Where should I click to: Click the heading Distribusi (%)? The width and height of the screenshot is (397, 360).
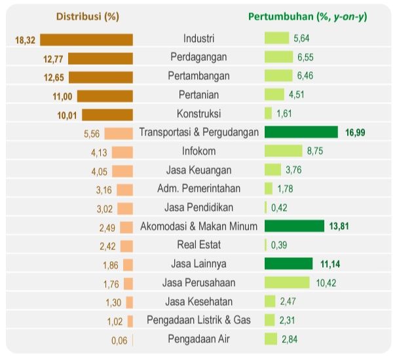[88, 16]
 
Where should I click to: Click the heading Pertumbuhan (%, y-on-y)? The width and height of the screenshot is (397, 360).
[307, 16]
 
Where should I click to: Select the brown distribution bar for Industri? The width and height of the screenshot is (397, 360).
[86, 39]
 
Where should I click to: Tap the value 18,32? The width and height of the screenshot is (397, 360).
[25, 40]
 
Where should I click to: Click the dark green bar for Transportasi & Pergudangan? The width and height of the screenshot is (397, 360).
[301, 132]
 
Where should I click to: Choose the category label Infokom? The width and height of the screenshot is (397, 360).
[198, 151]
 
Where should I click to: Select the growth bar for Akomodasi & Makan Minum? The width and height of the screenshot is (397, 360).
[294, 226]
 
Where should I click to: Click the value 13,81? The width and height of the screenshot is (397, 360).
[341, 226]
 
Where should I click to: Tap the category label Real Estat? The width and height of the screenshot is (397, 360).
[198, 245]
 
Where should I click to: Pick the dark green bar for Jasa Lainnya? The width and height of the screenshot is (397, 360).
[288, 264]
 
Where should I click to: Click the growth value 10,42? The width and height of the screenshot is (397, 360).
[326, 283]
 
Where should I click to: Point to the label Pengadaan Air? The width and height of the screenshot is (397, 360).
[198, 339]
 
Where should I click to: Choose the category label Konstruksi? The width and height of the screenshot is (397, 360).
[198, 113]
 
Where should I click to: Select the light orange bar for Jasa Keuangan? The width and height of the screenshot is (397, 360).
[122, 171]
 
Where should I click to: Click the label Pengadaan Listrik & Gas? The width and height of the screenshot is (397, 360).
[198, 320]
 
